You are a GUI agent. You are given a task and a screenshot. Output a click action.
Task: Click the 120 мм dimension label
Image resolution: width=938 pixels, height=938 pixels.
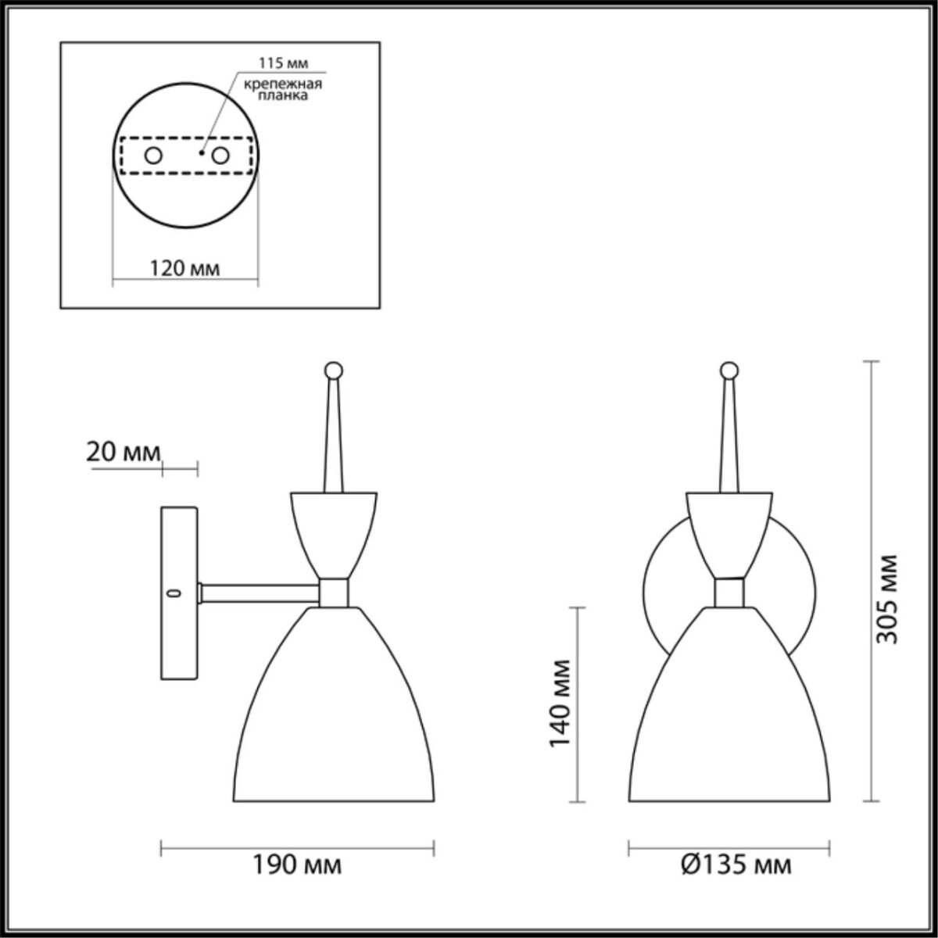[184, 269]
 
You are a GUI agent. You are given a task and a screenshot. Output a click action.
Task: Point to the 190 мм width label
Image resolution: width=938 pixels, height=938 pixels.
[297, 865]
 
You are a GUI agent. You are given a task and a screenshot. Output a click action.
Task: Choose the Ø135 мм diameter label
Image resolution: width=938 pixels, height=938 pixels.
[736, 865]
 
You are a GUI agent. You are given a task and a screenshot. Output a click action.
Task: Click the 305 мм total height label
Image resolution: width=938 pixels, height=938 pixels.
[886, 599]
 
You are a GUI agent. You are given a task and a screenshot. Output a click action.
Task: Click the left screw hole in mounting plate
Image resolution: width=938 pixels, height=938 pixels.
[153, 156]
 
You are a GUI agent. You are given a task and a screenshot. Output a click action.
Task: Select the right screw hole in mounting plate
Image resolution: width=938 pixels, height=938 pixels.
[220, 156]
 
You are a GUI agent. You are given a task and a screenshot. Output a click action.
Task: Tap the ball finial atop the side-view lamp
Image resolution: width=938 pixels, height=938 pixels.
[334, 369]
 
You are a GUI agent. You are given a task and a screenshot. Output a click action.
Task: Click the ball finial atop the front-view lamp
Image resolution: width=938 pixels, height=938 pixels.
[729, 369]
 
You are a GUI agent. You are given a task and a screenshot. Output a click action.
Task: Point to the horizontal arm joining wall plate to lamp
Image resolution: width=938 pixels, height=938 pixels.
[260, 593]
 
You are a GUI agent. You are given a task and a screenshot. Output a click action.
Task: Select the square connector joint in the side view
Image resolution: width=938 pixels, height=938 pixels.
[335, 593]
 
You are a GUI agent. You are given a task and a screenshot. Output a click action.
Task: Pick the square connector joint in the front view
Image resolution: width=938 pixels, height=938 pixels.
[730, 593]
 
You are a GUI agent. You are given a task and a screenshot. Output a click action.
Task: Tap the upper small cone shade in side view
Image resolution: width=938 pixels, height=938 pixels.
[335, 532]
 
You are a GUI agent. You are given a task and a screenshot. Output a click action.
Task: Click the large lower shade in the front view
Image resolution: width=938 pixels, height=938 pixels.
[729, 719]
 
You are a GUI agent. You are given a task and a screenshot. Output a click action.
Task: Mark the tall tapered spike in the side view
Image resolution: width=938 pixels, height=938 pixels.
[334, 438]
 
